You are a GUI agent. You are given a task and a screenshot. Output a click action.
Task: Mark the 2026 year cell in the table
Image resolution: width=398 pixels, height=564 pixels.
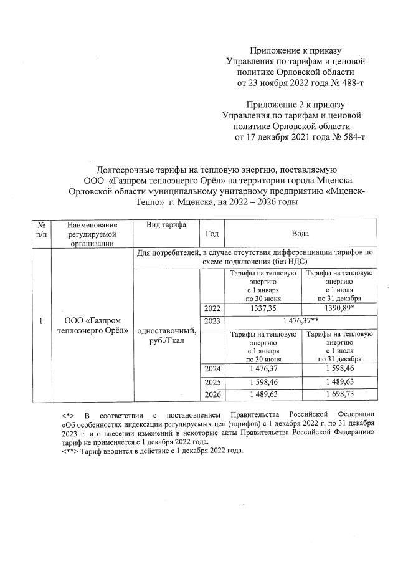pyautogui.click(x=211, y=394)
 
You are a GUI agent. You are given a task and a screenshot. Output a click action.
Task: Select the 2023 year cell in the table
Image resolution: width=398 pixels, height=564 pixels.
pyautogui.click(x=211, y=320)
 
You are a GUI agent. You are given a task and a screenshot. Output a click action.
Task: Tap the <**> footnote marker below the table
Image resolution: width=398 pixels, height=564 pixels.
pyautogui.click(x=68, y=452)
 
